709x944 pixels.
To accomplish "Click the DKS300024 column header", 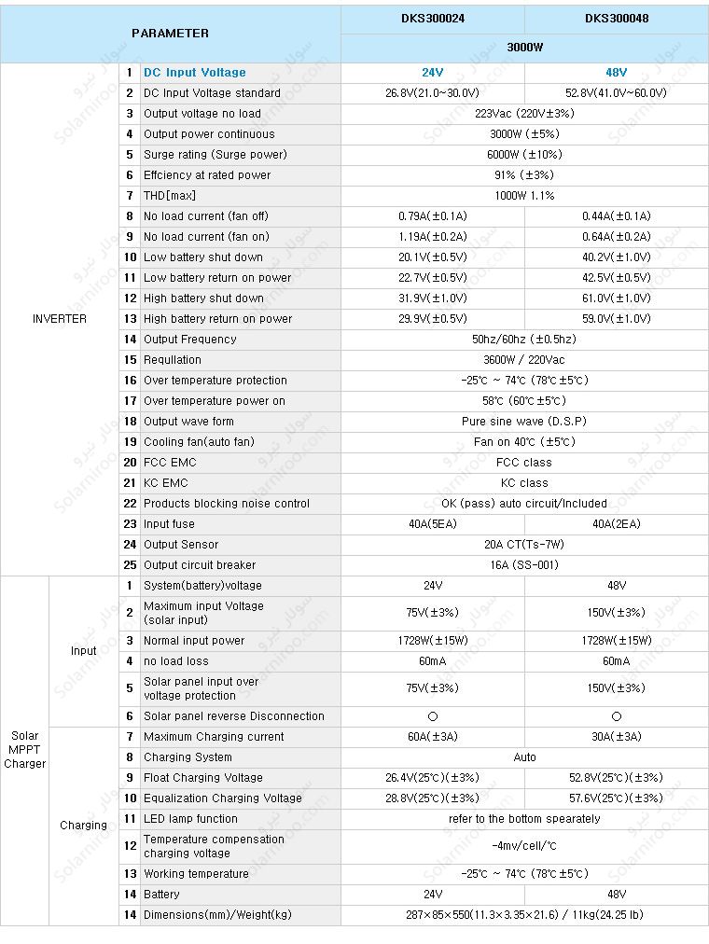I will tap(432, 18).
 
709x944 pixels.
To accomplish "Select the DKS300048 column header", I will tap(617, 18).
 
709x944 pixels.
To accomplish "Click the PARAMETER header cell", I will tap(170, 33).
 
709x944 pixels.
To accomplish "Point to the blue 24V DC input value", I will tap(432, 73).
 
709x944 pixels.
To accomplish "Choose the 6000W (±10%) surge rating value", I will tap(524, 155).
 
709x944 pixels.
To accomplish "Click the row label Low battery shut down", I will tap(203, 257).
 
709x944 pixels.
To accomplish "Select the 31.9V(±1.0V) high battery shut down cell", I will tap(432, 298).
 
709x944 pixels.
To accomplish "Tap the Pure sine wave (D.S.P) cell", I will tap(524, 422).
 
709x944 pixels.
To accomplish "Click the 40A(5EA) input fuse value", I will tap(432, 524).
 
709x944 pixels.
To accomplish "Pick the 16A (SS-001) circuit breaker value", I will tap(524, 565).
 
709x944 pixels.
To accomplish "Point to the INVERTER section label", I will tap(60, 319).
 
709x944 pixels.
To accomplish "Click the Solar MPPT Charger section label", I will tap(24, 750).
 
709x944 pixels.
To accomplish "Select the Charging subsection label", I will tap(83, 826).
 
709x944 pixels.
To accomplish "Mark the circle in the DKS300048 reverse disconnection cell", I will tap(617, 716).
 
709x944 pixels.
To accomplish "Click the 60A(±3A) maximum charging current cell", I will tap(432, 737).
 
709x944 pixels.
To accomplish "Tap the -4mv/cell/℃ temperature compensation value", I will tap(524, 846).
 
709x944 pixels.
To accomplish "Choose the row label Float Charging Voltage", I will tap(203, 778).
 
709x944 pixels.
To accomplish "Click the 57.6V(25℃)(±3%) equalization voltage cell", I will tap(617, 798).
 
